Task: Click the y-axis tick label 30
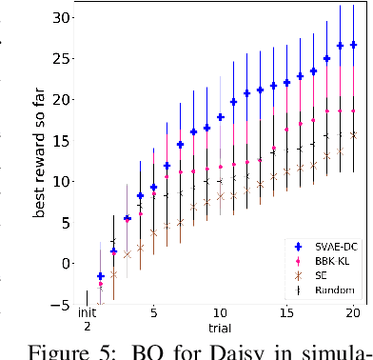coord(62,17)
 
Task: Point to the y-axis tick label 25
coord(62,58)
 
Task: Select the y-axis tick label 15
coord(62,140)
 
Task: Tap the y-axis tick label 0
coord(66,263)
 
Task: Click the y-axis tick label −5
coord(62,304)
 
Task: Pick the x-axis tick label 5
coord(153,312)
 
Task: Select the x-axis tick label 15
coord(287,312)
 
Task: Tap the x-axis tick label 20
coord(353,312)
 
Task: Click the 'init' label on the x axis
coord(87,311)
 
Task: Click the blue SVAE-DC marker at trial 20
coord(353,45)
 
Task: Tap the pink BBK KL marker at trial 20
coord(353,111)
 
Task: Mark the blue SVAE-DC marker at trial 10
coord(221,116)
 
